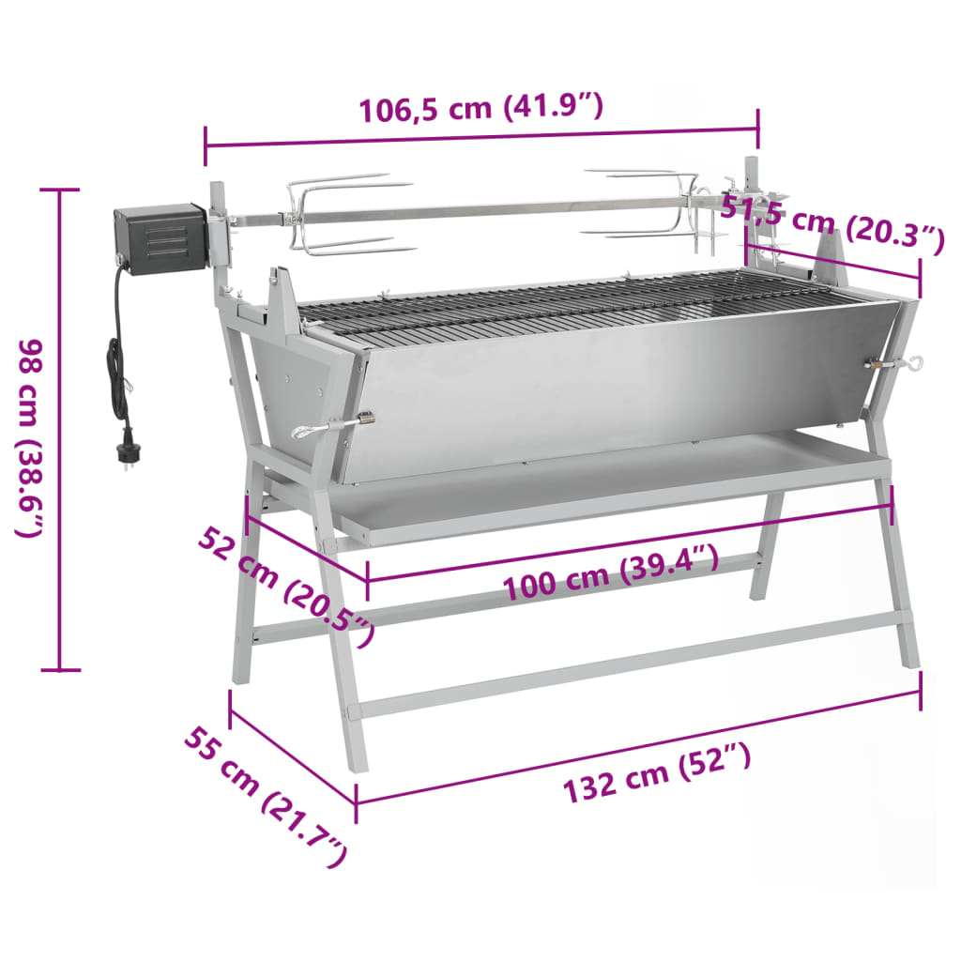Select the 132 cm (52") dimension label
pyautogui.click(x=657, y=775)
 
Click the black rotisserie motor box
pyautogui.click(x=160, y=238)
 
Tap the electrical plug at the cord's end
pyautogui.click(x=125, y=455)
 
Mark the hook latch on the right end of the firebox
pyautogui.click(x=896, y=363)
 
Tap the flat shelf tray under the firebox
pyautogui.click(x=610, y=488)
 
